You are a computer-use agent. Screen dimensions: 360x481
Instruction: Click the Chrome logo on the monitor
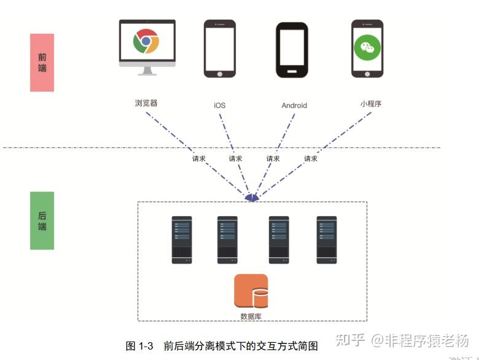(x=146, y=41)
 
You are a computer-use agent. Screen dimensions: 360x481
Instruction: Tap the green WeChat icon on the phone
(x=367, y=46)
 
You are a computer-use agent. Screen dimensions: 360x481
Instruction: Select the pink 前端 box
(x=42, y=62)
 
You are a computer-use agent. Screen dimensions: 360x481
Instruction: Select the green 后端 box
(x=42, y=220)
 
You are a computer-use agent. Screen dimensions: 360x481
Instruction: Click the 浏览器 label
(x=146, y=103)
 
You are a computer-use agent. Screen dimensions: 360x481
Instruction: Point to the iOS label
(x=219, y=105)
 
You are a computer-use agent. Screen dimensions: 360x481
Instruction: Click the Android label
(x=294, y=105)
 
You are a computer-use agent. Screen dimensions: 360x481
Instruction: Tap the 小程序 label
(x=371, y=103)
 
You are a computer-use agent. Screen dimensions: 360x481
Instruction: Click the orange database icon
(x=251, y=291)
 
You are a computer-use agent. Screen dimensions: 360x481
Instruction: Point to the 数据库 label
(x=251, y=316)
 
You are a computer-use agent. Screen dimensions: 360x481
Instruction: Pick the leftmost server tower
(x=182, y=240)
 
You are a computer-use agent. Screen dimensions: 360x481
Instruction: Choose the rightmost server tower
(x=327, y=240)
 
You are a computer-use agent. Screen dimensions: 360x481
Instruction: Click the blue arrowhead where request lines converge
(x=251, y=197)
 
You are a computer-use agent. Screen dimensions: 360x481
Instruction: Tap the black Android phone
(x=292, y=50)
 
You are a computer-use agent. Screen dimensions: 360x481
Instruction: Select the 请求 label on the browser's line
(x=198, y=158)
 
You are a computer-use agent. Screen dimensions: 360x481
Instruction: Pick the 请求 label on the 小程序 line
(x=311, y=158)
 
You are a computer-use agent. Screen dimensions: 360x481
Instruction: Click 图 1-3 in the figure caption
(x=139, y=346)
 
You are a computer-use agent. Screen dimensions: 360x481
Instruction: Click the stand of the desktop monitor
(x=147, y=69)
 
